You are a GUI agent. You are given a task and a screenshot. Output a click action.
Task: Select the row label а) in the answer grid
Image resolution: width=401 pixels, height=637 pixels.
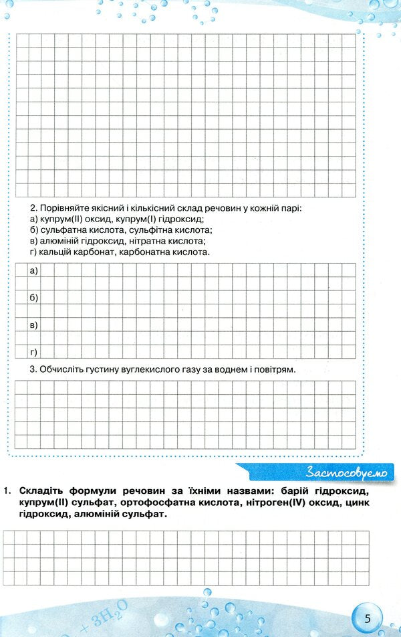[x=34, y=270]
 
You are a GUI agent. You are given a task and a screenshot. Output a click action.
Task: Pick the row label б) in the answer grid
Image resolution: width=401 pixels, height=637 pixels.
[x=34, y=297]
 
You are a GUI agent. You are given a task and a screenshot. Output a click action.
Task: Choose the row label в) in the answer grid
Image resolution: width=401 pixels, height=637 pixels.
[x=34, y=325]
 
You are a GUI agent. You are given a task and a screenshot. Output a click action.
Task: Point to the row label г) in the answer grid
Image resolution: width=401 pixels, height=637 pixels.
[x=33, y=351]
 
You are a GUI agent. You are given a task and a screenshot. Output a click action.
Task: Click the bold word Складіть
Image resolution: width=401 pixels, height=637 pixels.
[x=43, y=491]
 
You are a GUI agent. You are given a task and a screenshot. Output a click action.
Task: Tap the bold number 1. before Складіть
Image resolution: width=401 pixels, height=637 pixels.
[x=7, y=491]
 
